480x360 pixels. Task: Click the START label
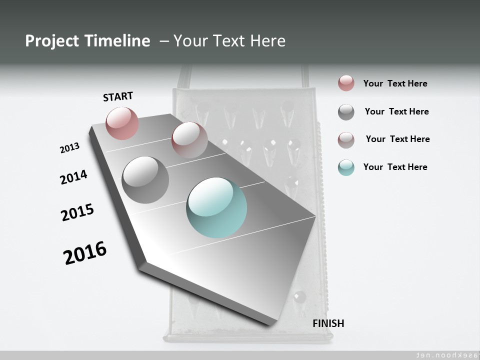click(x=118, y=96)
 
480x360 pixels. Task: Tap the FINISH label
click(x=328, y=323)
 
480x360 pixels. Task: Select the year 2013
click(x=69, y=148)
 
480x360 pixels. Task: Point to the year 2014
click(x=73, y=177)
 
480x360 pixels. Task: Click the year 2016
click(x=85, y=253)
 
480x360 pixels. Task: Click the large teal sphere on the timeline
click(x=216, y=207)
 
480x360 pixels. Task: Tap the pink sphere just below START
click(x=122, y=123)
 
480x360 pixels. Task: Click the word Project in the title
click(x=52, y=41)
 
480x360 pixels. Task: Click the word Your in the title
click(x=189, y=41)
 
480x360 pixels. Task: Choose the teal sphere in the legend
click(x=346, y=167)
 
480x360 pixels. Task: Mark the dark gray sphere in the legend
click(x=346, y=112)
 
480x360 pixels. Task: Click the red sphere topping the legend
click(x=346, y=83)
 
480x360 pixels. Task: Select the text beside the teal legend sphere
click(x=395, y=167)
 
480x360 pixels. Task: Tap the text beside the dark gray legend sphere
click(x=396, y=111)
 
